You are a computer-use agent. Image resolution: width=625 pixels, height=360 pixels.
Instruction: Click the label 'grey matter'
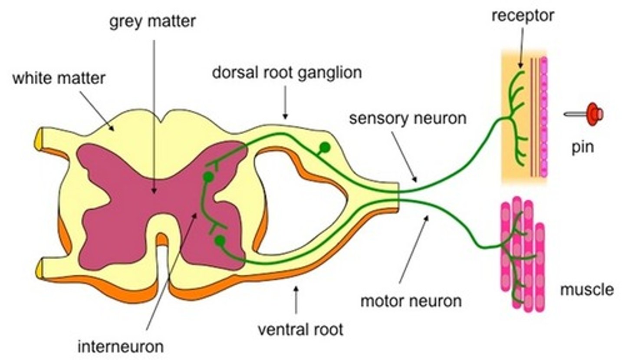pos(152,21)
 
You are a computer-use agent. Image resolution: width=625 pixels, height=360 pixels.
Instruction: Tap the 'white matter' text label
pos(59,79)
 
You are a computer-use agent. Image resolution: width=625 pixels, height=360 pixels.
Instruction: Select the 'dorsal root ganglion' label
pos(286,72)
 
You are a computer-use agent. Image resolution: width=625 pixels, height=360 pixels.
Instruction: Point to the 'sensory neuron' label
pos(408,118)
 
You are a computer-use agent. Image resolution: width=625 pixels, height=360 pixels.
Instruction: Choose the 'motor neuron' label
pos(411,300)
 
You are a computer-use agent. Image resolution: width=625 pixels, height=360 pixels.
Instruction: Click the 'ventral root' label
pos(300,329)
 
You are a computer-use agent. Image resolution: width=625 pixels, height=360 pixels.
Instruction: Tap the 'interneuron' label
pos(121,347)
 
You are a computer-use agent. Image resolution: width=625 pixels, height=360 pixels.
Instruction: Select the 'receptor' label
pos(523,16)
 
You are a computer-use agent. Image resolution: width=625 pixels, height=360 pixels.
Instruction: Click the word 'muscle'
pos(587,289)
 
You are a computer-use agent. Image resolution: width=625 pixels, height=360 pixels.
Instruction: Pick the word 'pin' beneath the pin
pos(582,148)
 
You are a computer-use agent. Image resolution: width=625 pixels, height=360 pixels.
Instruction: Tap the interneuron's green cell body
pos(209,177)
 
